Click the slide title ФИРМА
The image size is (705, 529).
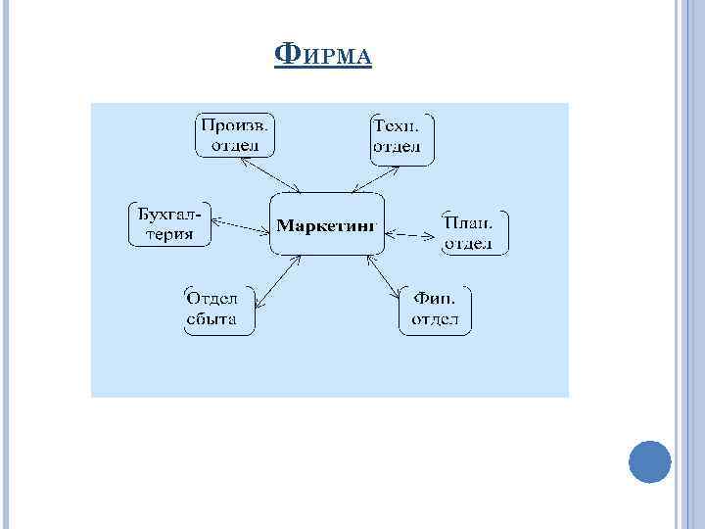pyautogui.click(x=324, y=55)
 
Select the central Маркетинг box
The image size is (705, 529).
pyautogui.click(x=326, y=225)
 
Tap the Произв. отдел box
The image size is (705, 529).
pyautogui.click(x=236, y=135)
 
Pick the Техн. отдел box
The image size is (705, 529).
pyautogui.click(x=400, y=137)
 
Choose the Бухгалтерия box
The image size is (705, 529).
pyautogui.click(x=168, y=224)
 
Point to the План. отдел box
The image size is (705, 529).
pyautogui.click(x=474, y=232)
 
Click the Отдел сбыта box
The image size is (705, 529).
pyautogui.click(x=218, y=310)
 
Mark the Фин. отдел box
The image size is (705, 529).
pyautogui.click(x=435, y=310)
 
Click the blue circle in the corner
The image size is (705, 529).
pyautogui.click(x=649, y=460)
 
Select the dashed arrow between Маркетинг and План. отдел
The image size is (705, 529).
pyautogui.click(x=411, y=234)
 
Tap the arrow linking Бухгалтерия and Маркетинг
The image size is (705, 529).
pyautogui.click(x=240, y=224)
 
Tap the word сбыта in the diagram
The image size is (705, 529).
pyautogui.click(x=211, y=319)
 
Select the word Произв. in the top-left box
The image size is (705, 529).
pyautogui.click(x=236, y=125)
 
